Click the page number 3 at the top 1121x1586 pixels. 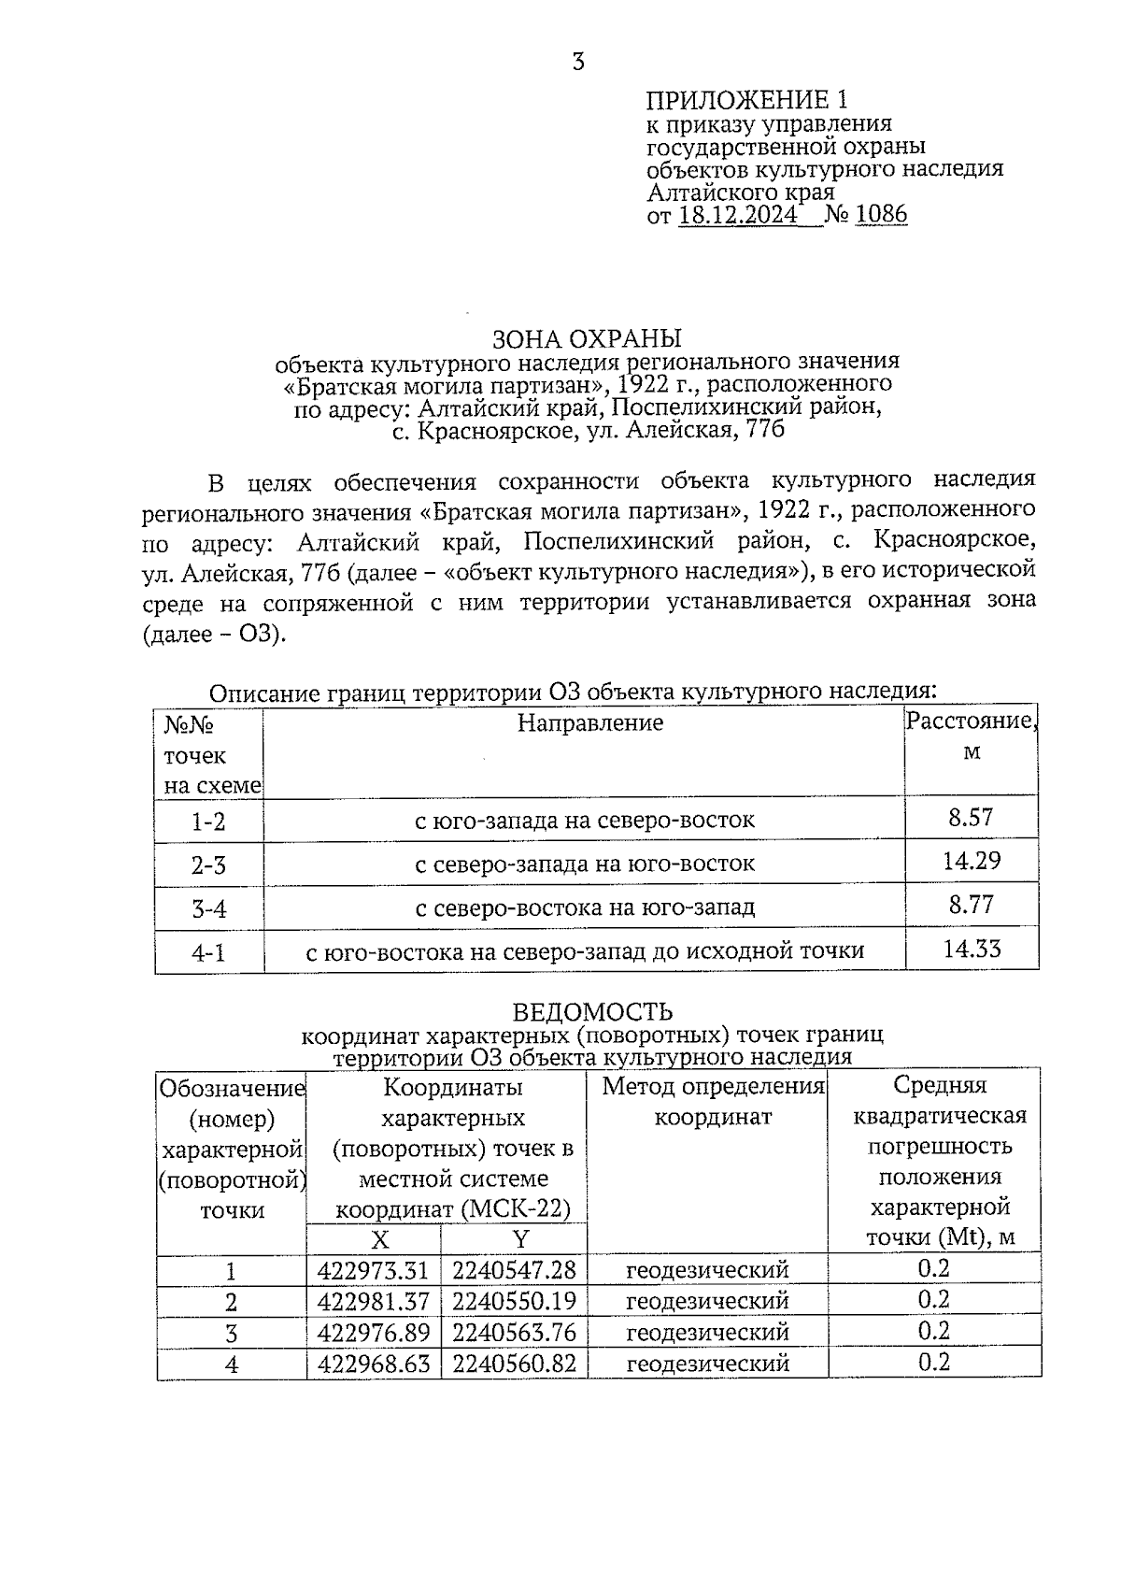pyautogui.click(x=578, y=63)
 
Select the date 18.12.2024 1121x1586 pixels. pyautogui.click(x=738, y=216)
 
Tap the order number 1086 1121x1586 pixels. pyautogui.click(x=881, y=215)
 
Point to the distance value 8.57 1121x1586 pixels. pyautogui.click(x=971, y=818)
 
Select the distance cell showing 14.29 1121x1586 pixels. pyautogui.click(x=971, y=861)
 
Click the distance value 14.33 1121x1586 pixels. pyautogui.click(x=972, y=950)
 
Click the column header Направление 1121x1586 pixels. pyautogui.click(x=590, y=722)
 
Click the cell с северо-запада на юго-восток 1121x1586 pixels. pyautogui.click(x=585, y=864)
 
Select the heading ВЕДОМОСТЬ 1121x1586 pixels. pyautogui.click(x=592, y=1012)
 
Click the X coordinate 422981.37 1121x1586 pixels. pyautogui.click(x=373, y=1301)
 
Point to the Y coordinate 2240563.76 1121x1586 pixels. pyautogui.click(x=514, y=1332)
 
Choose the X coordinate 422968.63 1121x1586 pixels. pyautogui.click(x=373, y=1364)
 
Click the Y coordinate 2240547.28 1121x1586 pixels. pyautogui.click(x=514, y=1270)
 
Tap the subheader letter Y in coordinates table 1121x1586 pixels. pyautogui.click(x=520, y=1239)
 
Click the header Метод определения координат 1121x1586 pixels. pyautogui.click(x=714, y=1101)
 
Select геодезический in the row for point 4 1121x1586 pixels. pyautogui.click(x=707, y=1364)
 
